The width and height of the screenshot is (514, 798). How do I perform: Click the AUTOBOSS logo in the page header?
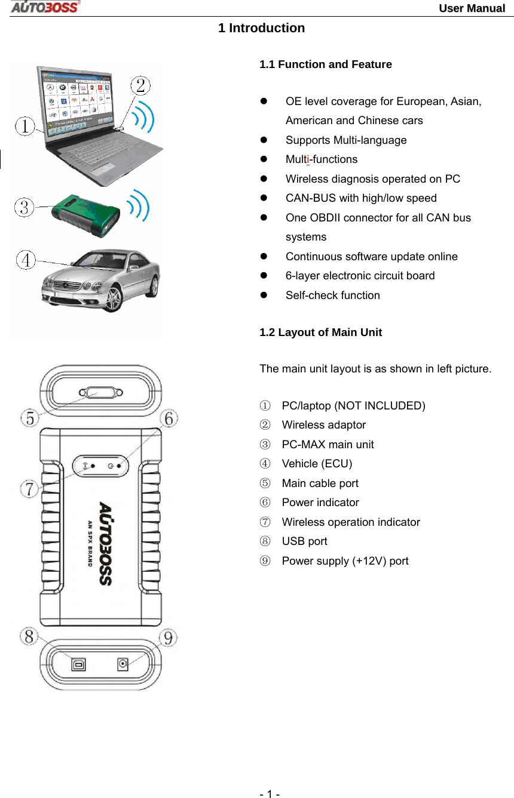45,7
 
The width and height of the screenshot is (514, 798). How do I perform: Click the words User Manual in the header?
472,8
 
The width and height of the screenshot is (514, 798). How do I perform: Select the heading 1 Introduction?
261,28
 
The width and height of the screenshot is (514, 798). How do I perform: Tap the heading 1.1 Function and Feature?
325,64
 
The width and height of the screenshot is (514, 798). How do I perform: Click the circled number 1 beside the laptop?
25,127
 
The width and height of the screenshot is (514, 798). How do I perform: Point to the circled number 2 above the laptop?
140,85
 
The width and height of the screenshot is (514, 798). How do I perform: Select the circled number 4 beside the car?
26,260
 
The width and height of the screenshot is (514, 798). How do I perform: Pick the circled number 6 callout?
169,418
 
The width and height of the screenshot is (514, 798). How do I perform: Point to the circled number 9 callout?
169,637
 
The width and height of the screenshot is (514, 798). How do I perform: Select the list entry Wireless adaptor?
323,425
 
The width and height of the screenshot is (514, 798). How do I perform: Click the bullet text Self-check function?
332,295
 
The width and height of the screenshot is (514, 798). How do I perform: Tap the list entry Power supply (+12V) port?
345,561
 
